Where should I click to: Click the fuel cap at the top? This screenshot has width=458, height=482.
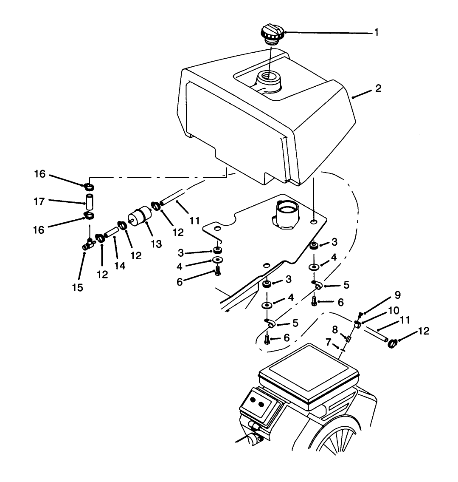click(x=271, y=34)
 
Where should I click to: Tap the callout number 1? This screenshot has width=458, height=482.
click(x=376, y=32)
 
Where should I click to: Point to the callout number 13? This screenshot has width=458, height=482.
click(x=156, y=244)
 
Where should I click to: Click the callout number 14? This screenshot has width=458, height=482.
click(x=120, y=265)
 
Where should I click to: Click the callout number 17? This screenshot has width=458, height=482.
click(x=39, y=201)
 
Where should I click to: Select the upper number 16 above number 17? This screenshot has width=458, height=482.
click(x=39, y=175)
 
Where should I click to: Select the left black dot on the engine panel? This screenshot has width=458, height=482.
click(x=253, y=400)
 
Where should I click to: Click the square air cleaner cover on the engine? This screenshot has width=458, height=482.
click(x=308, y=376)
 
